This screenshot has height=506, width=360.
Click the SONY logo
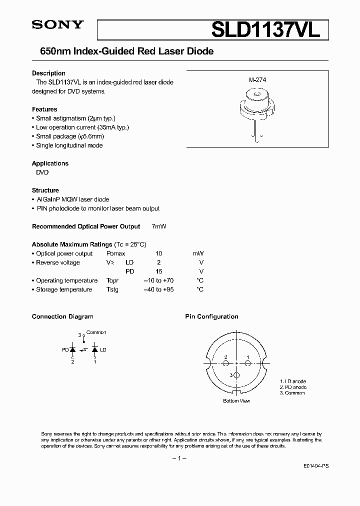[56, 25]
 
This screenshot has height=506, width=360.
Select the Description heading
[48, 73]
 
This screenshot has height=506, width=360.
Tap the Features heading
[44, 109]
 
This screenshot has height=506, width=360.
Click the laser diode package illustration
[256, 107]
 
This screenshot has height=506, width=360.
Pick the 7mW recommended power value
[158, 226]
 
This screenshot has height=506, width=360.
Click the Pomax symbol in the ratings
[115, 253]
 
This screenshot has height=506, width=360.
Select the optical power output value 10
[159, 253]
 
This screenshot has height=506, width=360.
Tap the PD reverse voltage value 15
[159, 271]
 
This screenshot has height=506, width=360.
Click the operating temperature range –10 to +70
[158, 280]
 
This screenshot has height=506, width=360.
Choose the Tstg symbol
[112, 289]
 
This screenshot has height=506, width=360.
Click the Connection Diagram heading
[62, 316]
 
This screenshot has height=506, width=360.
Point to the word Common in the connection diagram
[96, 332]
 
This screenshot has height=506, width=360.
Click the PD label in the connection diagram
[65, 350]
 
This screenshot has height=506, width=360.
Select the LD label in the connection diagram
[103, 350]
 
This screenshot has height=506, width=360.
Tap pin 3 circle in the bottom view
[236, 374]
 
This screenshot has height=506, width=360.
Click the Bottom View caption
[236, 401]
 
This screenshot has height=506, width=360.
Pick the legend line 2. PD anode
[293, 387]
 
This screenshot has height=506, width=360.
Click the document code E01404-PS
[315, 465]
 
